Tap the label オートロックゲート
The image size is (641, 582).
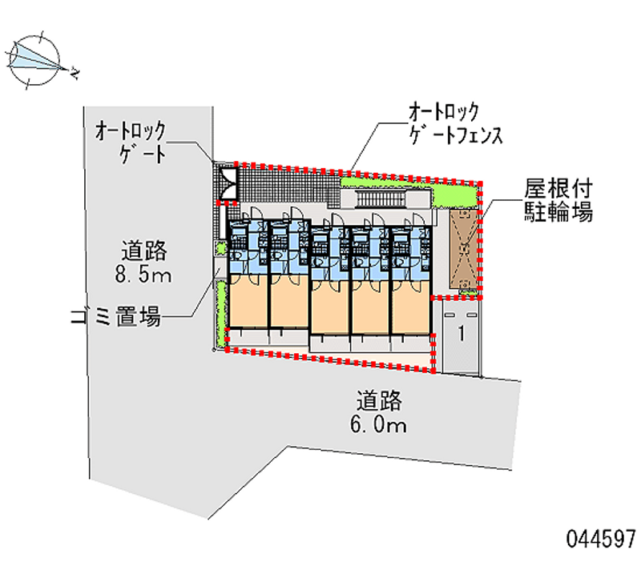coord(131,141)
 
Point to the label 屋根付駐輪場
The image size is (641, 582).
coord(558,201)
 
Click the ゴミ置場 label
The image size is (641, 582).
coord(115,317)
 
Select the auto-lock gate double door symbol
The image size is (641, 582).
coord(227,182)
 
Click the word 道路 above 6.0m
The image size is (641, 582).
coord(378,399)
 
